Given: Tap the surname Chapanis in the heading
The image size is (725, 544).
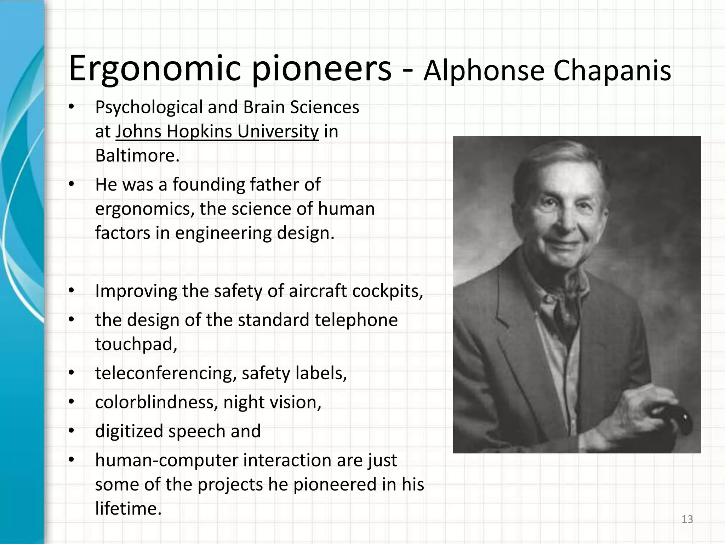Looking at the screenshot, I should click(612, 70).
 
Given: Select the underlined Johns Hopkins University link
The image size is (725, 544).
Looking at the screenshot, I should click(217, 132).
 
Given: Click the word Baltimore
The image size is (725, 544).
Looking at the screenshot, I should click(137, 155).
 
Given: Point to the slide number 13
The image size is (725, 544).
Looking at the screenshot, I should click(687, 519).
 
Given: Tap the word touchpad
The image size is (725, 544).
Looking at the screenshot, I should click(136, 344).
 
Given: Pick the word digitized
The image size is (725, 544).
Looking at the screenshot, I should click(129, 431).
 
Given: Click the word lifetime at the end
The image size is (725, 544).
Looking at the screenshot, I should click(128, 509).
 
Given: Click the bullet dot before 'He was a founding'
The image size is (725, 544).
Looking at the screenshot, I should click(71, 185).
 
